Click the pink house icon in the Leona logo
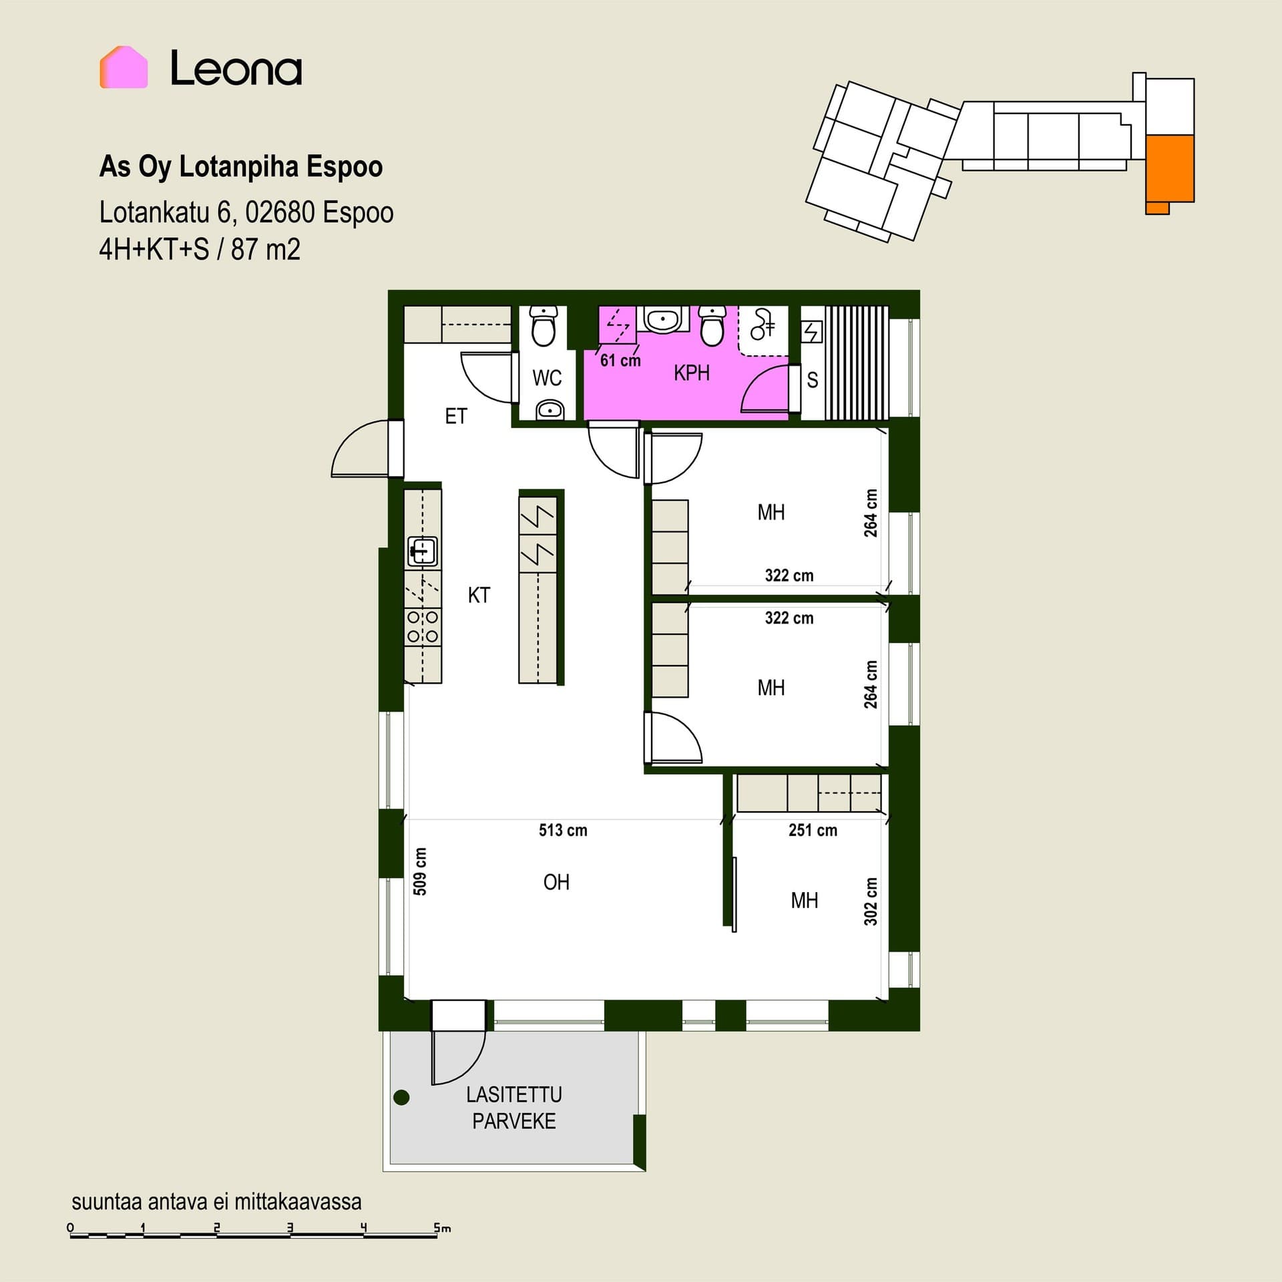pyautogui.click(x=124, y=67)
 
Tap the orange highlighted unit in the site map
pyautogui.click(x=1169, y=170)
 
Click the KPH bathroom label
pyautogui.click(x=691, y=373)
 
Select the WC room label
pyautogui.click(x=547, y=378)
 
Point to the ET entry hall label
pyautogui.click(x=456, y=416)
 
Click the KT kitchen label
pyautogui.click(x=479, y=595)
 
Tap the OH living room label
pyautogui.click(x=556, y=882)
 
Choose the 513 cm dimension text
pyautogui.click(x=563, y=830)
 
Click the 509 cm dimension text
pyautogui.click(x=419, y=871)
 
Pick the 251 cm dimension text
pyautogui.click(x=813, y=830)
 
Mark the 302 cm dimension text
pyautogui.click(x=870, y=901)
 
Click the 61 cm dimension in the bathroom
pyautogui.click(x=620, y=361)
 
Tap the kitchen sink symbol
pyautogui.click(x=422, y=552)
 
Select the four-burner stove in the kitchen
pyautogui.click(x=423, y=626)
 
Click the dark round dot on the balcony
pyautogui.click(x=401, y=1097)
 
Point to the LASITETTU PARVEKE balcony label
pyautogui.click(x=513, y=1108)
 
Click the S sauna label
pyautogui.click(x=812, y=380)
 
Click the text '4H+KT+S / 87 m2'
pyautogui.click(x=200, y=250)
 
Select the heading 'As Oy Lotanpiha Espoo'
pyautogui.click(x=241, y=167)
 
